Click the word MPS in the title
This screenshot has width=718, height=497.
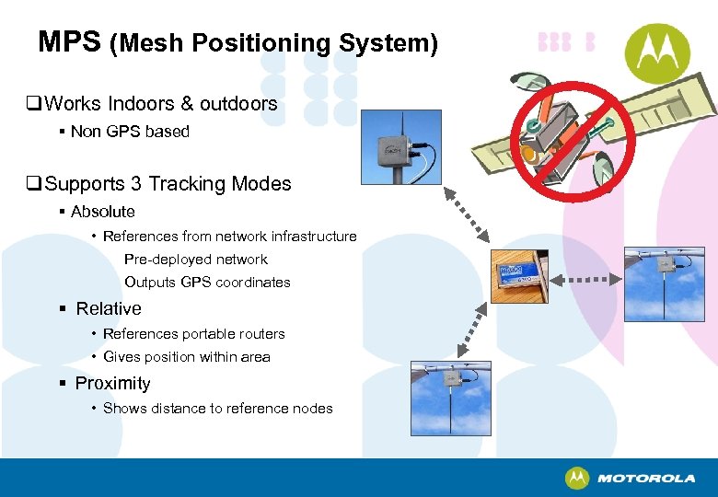69,41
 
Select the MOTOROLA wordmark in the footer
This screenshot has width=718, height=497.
645,479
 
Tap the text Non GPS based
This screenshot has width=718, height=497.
130,132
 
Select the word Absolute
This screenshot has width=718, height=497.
103,212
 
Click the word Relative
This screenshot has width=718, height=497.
109,309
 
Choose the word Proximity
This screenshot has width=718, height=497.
112,384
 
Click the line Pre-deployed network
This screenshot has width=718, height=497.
196,260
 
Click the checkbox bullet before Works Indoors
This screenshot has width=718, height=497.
34,104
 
